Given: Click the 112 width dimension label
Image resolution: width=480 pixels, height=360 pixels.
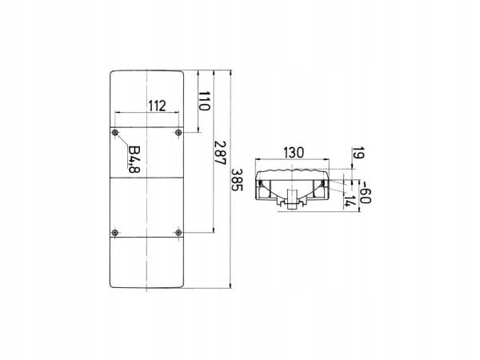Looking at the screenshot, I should (156, 104).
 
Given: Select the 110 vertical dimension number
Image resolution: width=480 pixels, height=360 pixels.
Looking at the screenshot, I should (205, 101).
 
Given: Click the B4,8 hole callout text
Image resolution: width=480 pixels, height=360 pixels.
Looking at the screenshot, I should (134, 159).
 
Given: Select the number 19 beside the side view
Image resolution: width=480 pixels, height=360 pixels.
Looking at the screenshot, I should (357, 154).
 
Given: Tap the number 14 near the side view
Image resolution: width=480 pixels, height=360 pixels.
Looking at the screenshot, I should (349, 201).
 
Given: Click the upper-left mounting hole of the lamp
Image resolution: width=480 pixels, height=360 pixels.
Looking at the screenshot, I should (117, 131).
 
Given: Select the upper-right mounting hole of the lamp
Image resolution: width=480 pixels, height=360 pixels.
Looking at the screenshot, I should (178, 131).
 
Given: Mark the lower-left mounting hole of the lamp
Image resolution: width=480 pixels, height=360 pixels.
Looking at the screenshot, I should (117, 233).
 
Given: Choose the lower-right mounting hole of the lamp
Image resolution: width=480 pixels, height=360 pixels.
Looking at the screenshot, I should (178, 233).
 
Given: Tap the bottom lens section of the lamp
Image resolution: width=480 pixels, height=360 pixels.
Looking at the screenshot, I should (148, 262).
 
